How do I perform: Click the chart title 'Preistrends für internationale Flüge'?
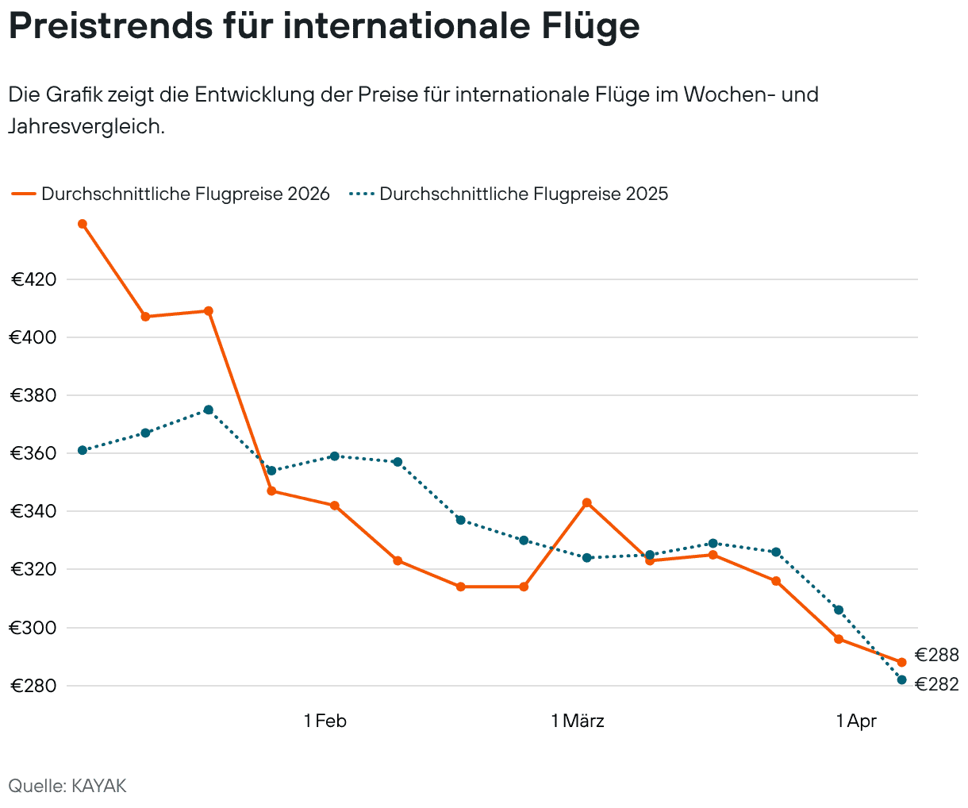tap(324, 26)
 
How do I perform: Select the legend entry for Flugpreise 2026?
tap(171, 194)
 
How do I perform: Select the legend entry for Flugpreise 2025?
tap(509, 194)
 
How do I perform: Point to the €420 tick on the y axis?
tap(33, 279)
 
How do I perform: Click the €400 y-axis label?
tap(33, 337)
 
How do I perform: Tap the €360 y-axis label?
tap(33, 453)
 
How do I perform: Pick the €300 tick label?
tap(33, 628)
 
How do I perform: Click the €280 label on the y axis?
tap(33, 686)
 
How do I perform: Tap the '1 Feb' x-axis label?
tap(325, 721)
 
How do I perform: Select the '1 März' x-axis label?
tap(578, 721)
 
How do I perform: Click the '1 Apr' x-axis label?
tap(856, 721)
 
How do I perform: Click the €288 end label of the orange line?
tap(936, 655)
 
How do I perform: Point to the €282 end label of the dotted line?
tap(936, 684)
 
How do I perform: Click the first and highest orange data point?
tap(82, 224)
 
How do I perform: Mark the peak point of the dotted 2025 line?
tap(208, 410)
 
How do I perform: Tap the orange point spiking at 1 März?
tap(586, 502)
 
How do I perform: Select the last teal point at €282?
tap(901, 679)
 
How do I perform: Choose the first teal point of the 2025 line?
tap(82, 450)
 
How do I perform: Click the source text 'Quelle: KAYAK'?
tap(67, 786)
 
